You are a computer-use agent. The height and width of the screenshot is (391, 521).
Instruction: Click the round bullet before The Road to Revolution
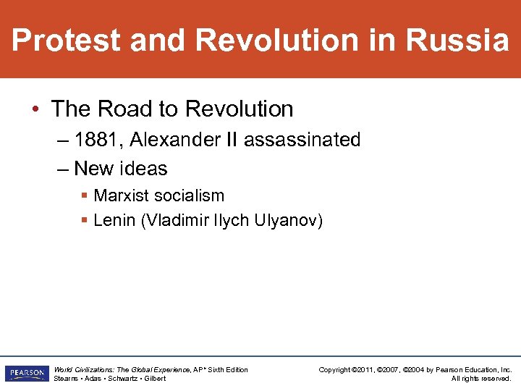(x=35, y=109)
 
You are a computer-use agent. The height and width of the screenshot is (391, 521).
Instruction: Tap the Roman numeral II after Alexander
(x=231, y=139)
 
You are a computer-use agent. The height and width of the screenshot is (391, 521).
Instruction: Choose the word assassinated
(x=302, y=139)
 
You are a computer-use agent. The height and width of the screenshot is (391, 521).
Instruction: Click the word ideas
(x=143, y=169)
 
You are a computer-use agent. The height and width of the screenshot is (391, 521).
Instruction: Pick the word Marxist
(x=122, y=195)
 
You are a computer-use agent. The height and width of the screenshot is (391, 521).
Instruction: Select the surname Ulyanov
(x=287, y=220)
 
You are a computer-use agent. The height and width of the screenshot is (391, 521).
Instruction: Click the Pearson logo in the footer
(x=25, y=373)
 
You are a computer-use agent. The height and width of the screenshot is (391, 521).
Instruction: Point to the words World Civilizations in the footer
(x=82, y=369)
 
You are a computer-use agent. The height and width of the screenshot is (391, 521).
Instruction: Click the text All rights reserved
(x=481, y=378)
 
